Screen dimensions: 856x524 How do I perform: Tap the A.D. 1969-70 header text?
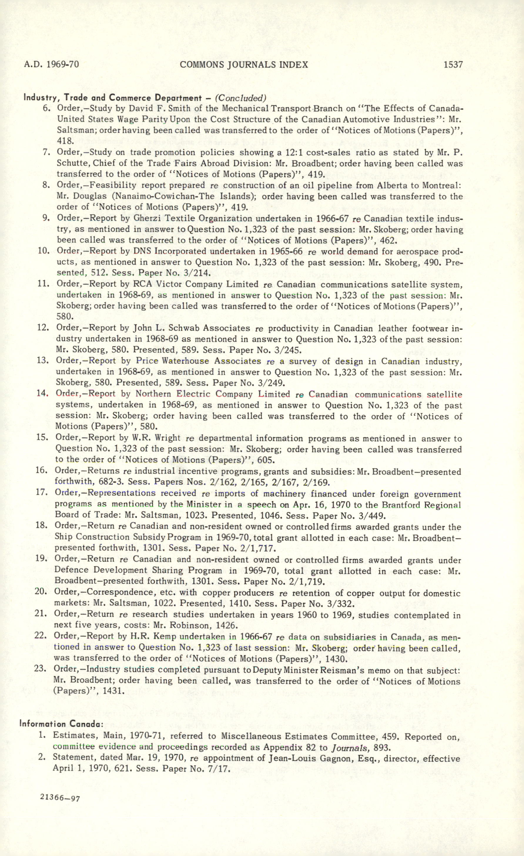[52, 65]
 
